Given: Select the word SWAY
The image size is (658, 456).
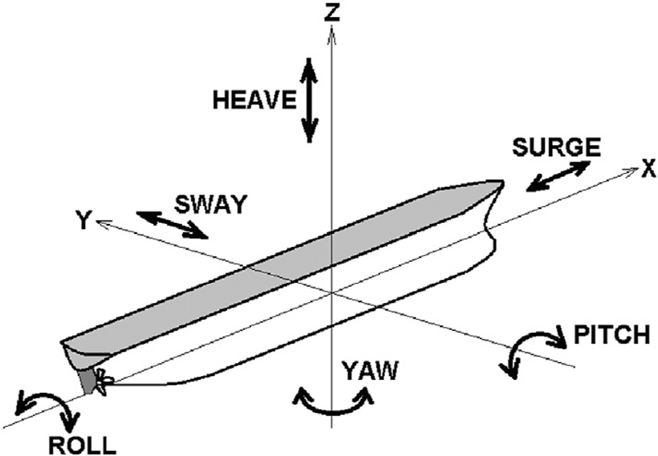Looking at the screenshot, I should click(x=210, y=204).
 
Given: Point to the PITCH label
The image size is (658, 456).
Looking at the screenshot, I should click(x=611, y=335).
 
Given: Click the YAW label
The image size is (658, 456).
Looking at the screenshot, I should click(x=371, y=371).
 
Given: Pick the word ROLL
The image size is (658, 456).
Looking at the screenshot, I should click(x=82, y=444).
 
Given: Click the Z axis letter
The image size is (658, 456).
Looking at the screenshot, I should click(x=332, y=12).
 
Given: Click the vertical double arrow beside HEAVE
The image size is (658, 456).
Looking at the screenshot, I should click(x=309, y=99).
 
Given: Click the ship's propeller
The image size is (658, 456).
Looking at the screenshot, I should click(x=103, y=381).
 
